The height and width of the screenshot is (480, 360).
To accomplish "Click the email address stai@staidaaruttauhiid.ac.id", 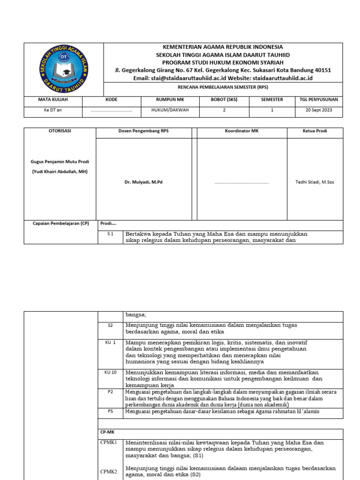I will pos(194,78).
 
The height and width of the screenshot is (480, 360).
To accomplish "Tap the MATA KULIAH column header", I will pos(53,100).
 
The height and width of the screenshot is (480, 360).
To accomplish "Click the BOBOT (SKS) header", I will pos(225,100).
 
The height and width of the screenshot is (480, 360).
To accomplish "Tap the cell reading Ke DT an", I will pos(53,110).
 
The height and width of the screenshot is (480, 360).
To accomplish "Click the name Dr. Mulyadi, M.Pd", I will pos(143,182).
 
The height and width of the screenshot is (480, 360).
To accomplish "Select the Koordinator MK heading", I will pos(241,131).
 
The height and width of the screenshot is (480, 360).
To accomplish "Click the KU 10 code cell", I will pos(111,372).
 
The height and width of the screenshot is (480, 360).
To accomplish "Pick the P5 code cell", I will pos(111,411).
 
